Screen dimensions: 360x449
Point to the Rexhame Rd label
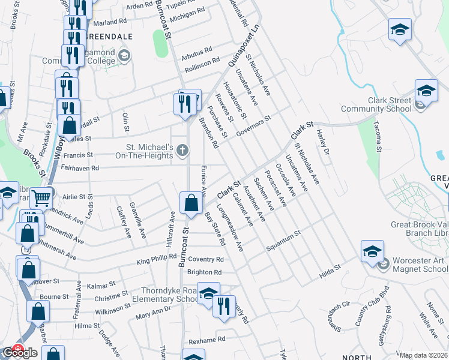click(206, 340)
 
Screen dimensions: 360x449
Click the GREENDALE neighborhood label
click(109, 36)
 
